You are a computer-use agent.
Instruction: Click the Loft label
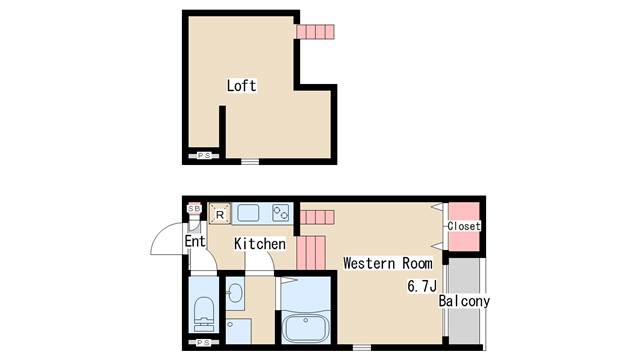pos(242,86)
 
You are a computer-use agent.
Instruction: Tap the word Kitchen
pos(260,244)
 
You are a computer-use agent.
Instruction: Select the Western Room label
pos(388,263)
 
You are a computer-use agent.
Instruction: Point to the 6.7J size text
pos(422,286)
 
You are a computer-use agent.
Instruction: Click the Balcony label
pos(464,301)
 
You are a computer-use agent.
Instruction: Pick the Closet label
pos(464,226)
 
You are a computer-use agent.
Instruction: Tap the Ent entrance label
pos(195,241)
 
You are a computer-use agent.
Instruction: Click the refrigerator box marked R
pos(220,214)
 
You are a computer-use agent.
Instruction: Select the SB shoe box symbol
pos(194,209)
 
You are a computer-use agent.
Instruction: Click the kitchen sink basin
pos(248,213)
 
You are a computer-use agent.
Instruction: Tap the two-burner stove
pos(281,213)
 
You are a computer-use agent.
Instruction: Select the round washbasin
pos(235,293)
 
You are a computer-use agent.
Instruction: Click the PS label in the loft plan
pos(204,156)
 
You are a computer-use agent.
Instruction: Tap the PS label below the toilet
pos(204,342)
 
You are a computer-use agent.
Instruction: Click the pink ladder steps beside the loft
pos(315,32)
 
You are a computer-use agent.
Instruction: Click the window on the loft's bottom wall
pos(250,162)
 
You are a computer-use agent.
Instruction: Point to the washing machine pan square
pos(238,331)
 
